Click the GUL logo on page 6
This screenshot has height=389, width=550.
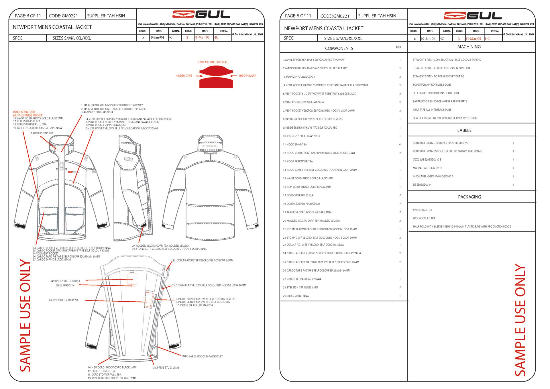click(x=201, y=14)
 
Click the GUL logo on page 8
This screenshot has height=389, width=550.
click(x=472, y=15)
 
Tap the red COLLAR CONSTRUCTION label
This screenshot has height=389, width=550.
click(x=213, y=62)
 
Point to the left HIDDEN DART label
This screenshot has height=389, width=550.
click(x=184, y=76)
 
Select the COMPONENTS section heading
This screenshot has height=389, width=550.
click(x=339, y=48)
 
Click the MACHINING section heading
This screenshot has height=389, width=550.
click(x=469, y=47)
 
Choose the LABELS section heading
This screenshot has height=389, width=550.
click(x=464, y=130)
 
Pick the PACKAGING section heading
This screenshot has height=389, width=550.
click(x=469, y=197)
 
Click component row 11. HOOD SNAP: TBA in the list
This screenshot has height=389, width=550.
click(x=295, y=145)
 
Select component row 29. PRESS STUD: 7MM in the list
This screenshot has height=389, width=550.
click(x=296, y=296)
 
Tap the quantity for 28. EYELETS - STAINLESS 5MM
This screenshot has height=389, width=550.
click(x=400, y=288)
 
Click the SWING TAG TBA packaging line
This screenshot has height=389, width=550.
click(x=422, y=210)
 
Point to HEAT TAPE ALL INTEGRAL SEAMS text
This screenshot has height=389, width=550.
click(x=432, y=110)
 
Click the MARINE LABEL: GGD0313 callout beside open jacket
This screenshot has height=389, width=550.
click(x=65, y=281)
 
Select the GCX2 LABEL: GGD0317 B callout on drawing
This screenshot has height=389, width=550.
click(x=63, y=300)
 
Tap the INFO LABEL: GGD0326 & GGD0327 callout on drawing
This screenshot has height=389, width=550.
click(x=202, y=356)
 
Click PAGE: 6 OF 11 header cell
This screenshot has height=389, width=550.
click(x=28, y=16)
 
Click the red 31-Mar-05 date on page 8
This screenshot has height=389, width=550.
click(x=473, y=39)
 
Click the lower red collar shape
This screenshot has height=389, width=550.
click(x=216, y=83)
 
